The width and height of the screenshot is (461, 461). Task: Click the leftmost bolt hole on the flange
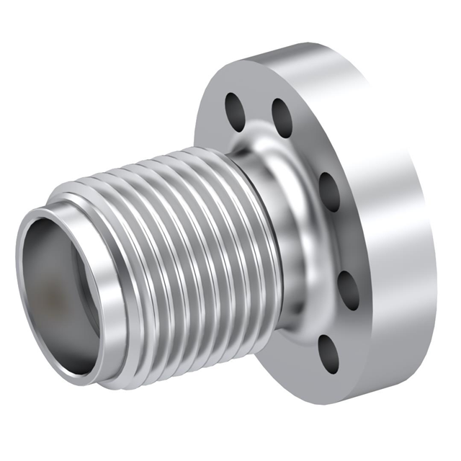tap(235, 109)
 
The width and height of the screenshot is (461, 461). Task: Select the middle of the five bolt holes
tap(328, 191)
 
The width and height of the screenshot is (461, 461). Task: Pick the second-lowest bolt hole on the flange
tap(347, 290)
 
